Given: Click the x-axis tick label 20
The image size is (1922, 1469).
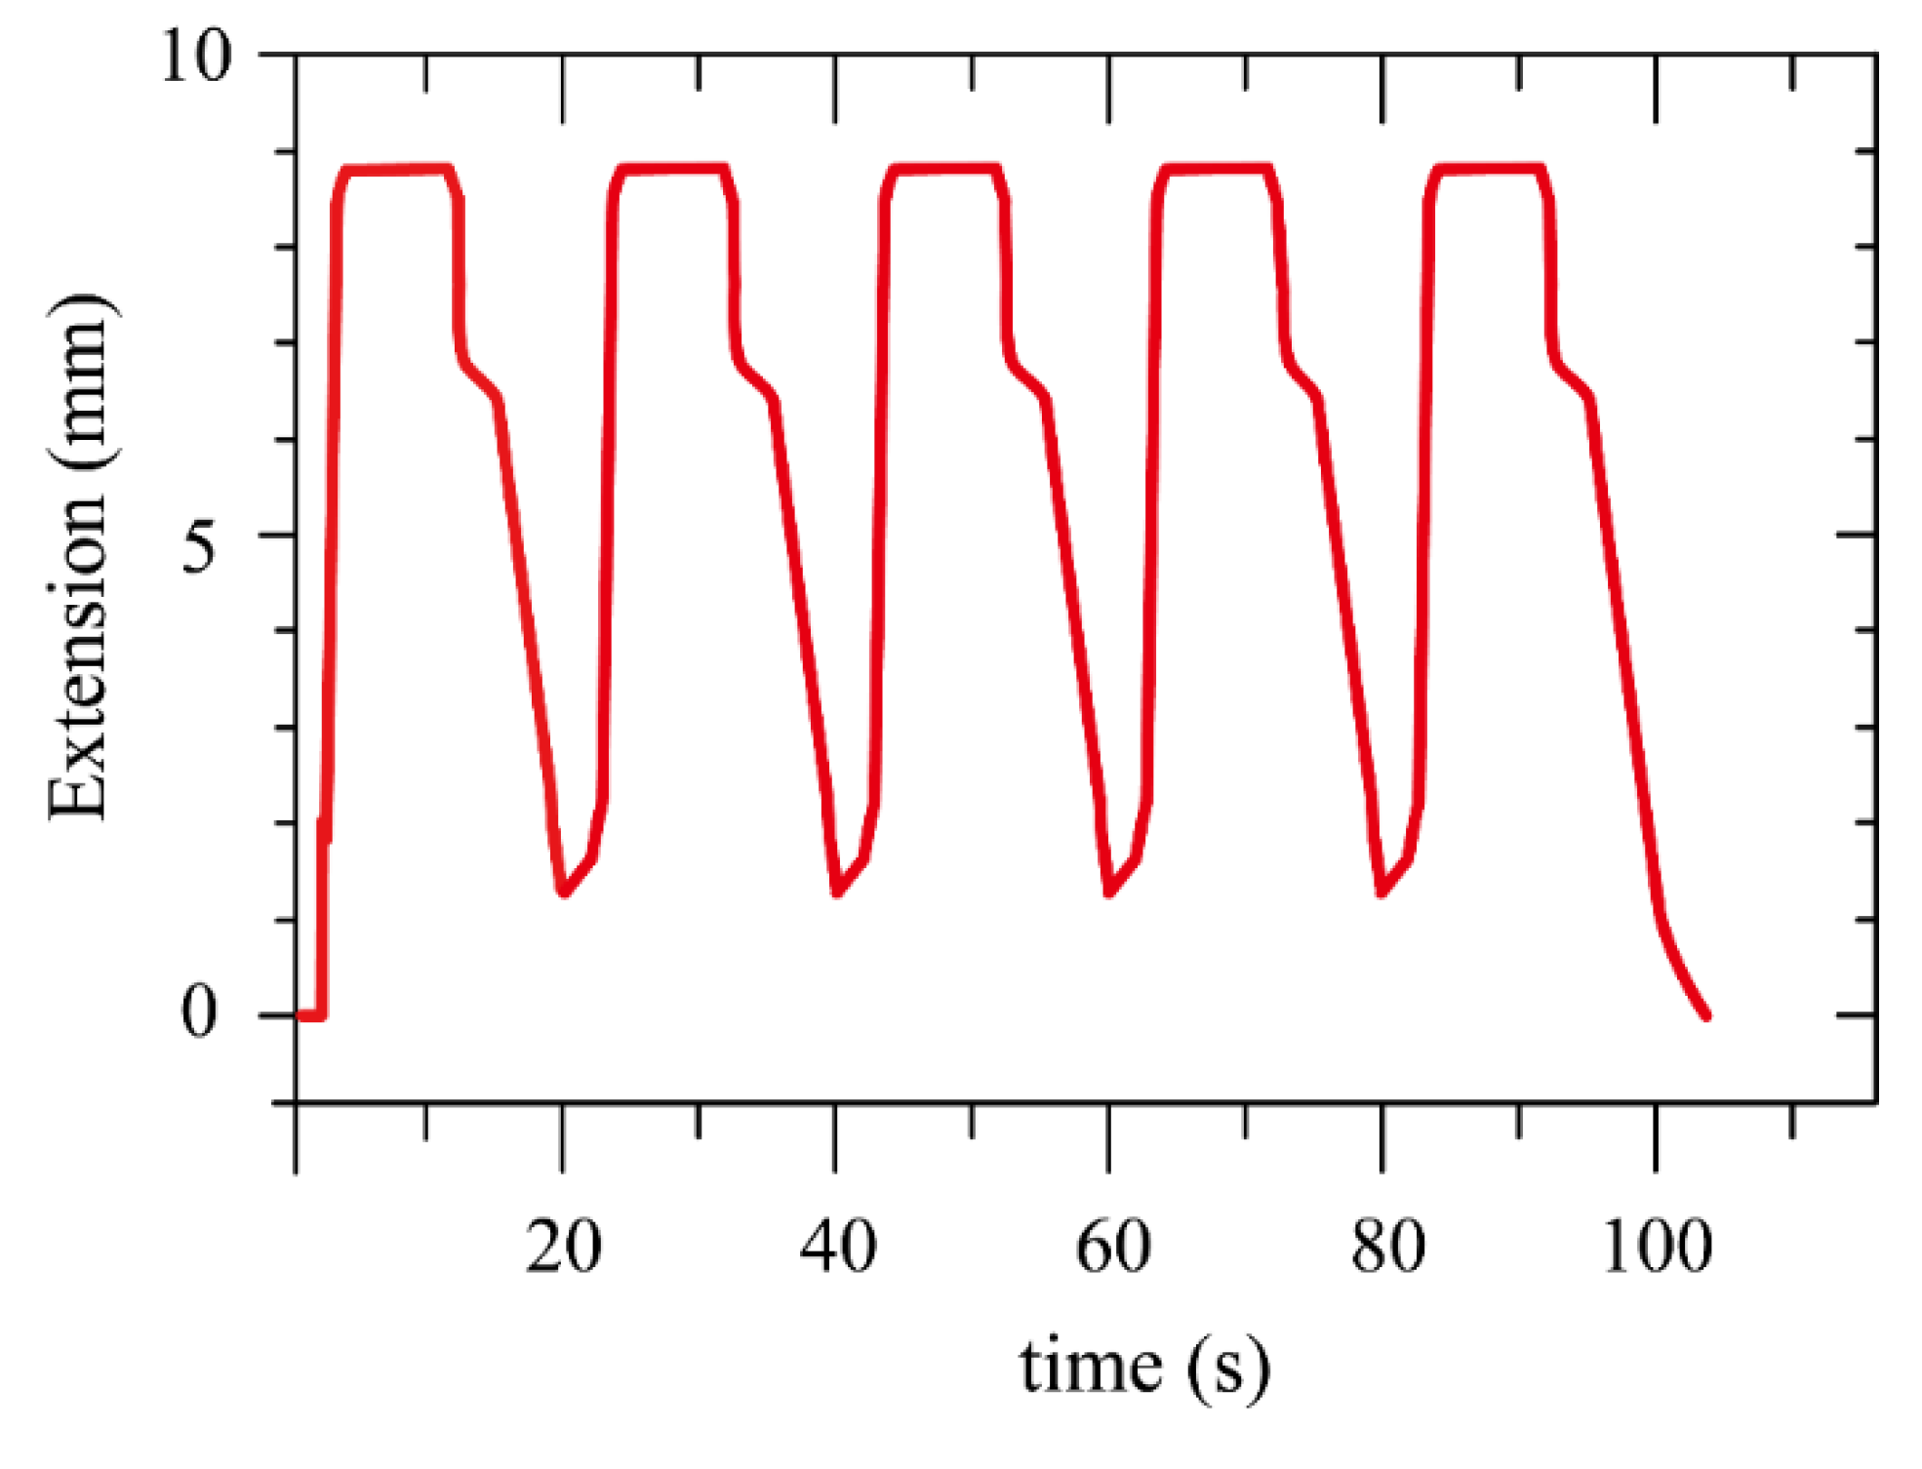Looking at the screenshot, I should (x=563, y=1248).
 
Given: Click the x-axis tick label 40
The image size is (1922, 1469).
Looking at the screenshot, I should (x=837, y=1248).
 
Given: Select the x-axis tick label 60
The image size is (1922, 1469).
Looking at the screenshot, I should (x=1111, y=1248).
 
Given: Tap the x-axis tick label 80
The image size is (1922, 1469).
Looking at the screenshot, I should (x=1386, y=1248).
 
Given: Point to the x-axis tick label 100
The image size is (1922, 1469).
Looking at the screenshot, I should (x=1657, y=1248).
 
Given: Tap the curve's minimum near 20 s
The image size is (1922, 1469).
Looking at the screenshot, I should (x=564, y=893).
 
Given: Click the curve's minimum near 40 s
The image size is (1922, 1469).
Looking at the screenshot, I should (x=837, y=893).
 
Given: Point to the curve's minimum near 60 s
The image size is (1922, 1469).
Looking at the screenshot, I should (x=1109, y=893).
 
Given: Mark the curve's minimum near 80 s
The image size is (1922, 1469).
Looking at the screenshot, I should (x=1381, y=893).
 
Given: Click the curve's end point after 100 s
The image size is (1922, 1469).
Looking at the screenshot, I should (x=1706, y=1016).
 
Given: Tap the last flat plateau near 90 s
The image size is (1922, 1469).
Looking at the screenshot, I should (x=1491, y=170).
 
